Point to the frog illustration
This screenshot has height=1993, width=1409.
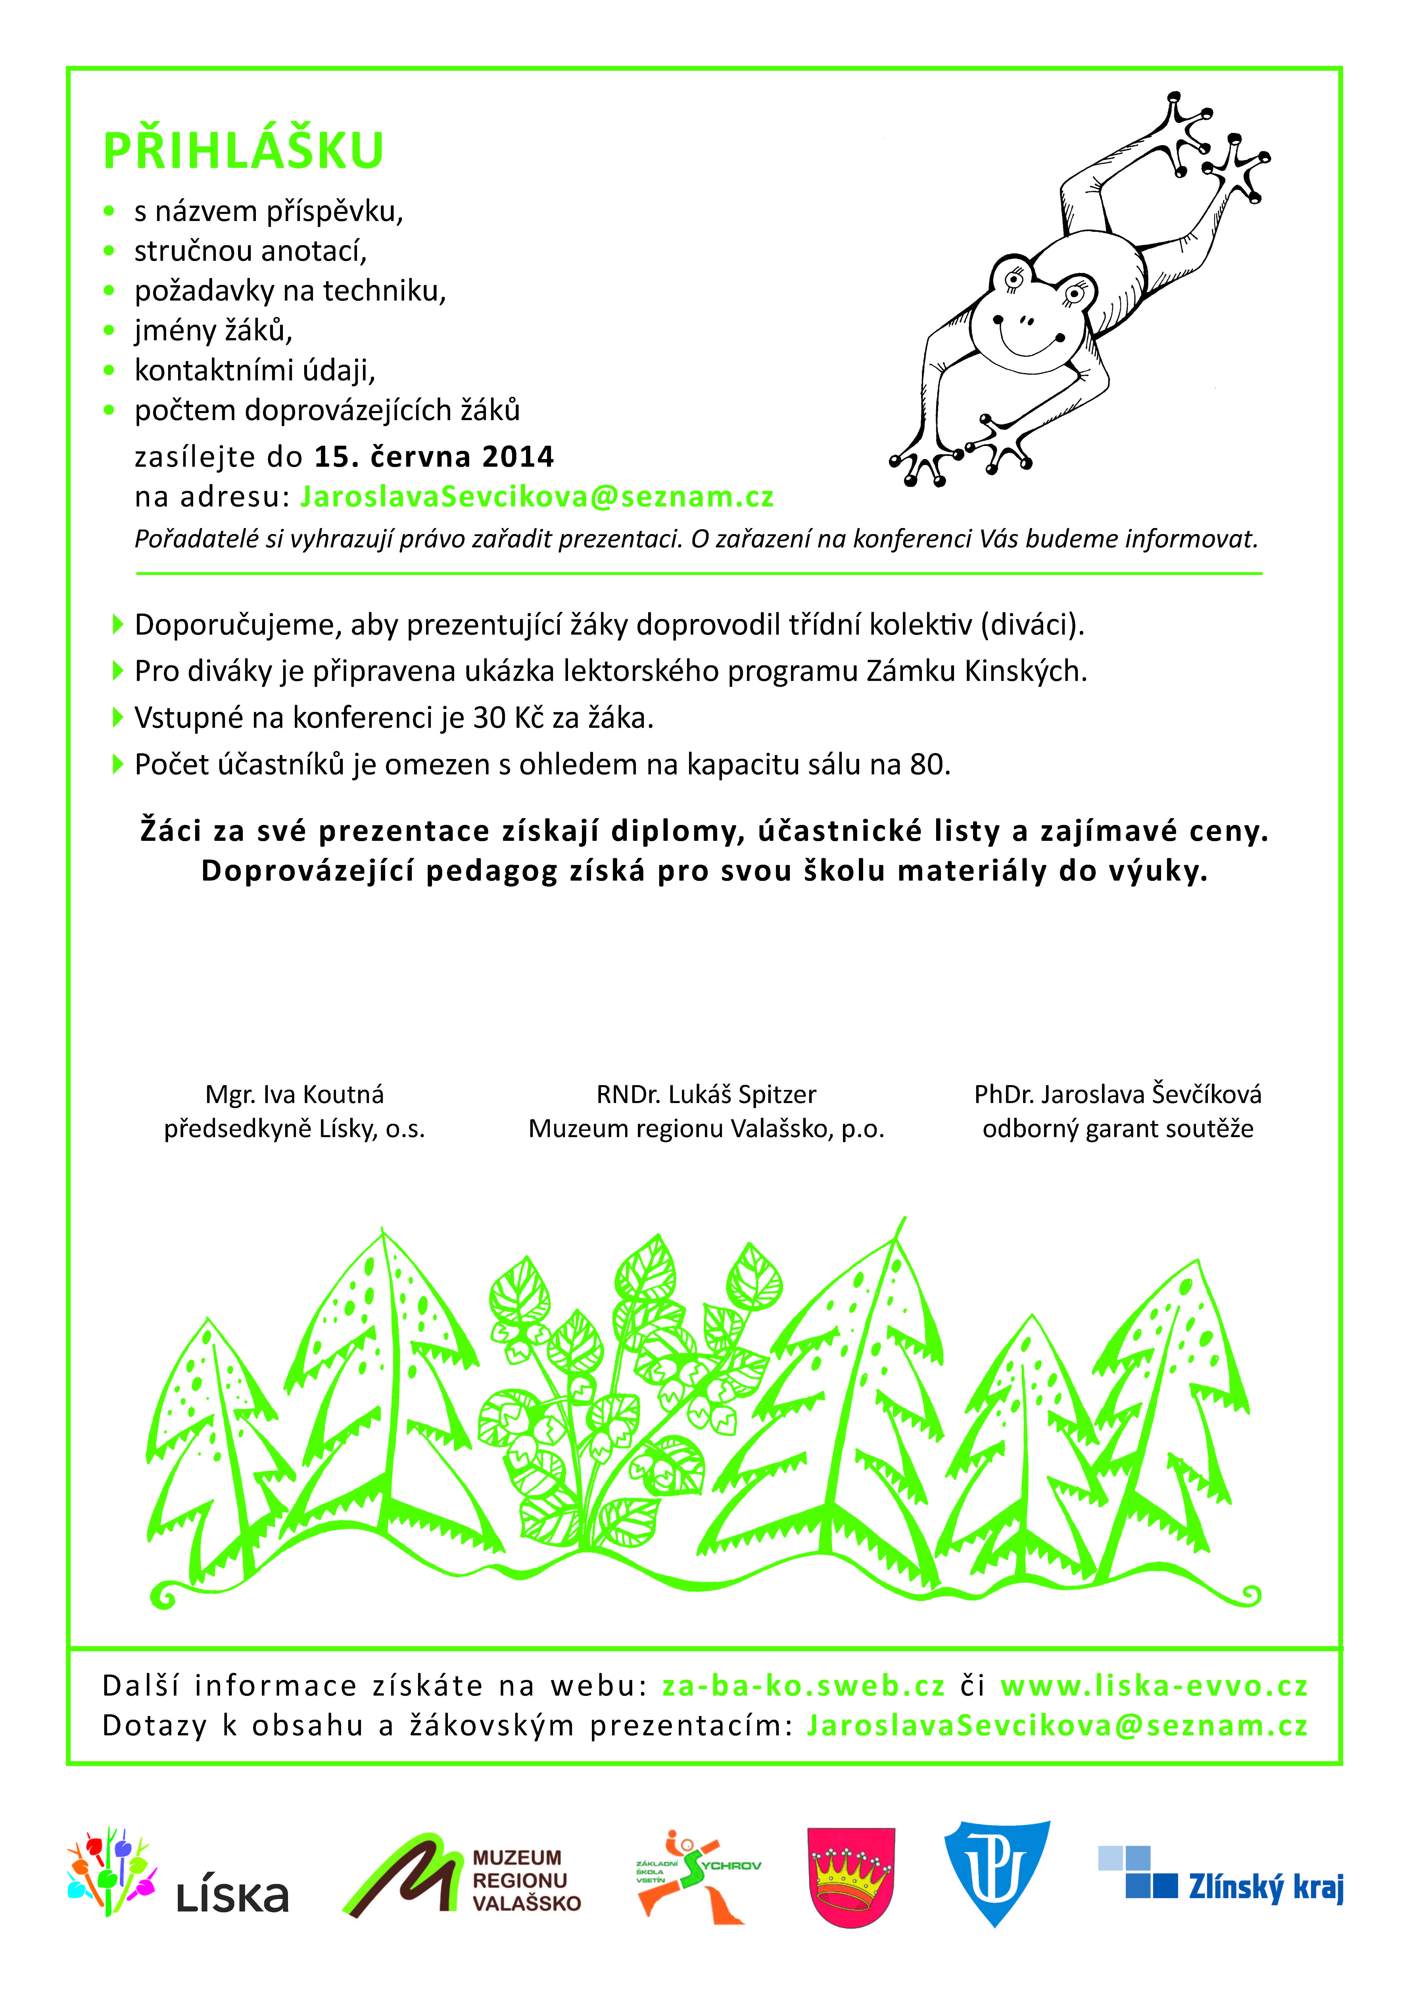click(x=1076, y=295)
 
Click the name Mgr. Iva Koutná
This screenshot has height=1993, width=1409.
click(x=294, y=1095)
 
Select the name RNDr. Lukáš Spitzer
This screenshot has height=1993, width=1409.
click(x=706, y=1095)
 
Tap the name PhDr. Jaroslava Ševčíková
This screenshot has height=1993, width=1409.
click(x=1117, y=1095)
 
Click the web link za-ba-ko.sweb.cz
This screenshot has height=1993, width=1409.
click(x=803, y=1686)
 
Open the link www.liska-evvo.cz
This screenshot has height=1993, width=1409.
click(x=1154, y=1686)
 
